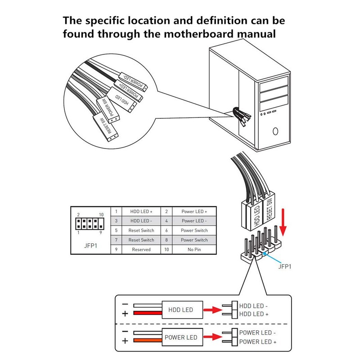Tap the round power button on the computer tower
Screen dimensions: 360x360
pos(276,132)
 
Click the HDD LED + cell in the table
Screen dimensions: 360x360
pos(141,211)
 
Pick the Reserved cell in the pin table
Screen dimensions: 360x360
pos(141,249)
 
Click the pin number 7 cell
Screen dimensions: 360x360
pos(116,240)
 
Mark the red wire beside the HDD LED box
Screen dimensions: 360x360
pos(146,314)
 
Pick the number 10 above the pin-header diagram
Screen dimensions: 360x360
pos(102,215)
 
